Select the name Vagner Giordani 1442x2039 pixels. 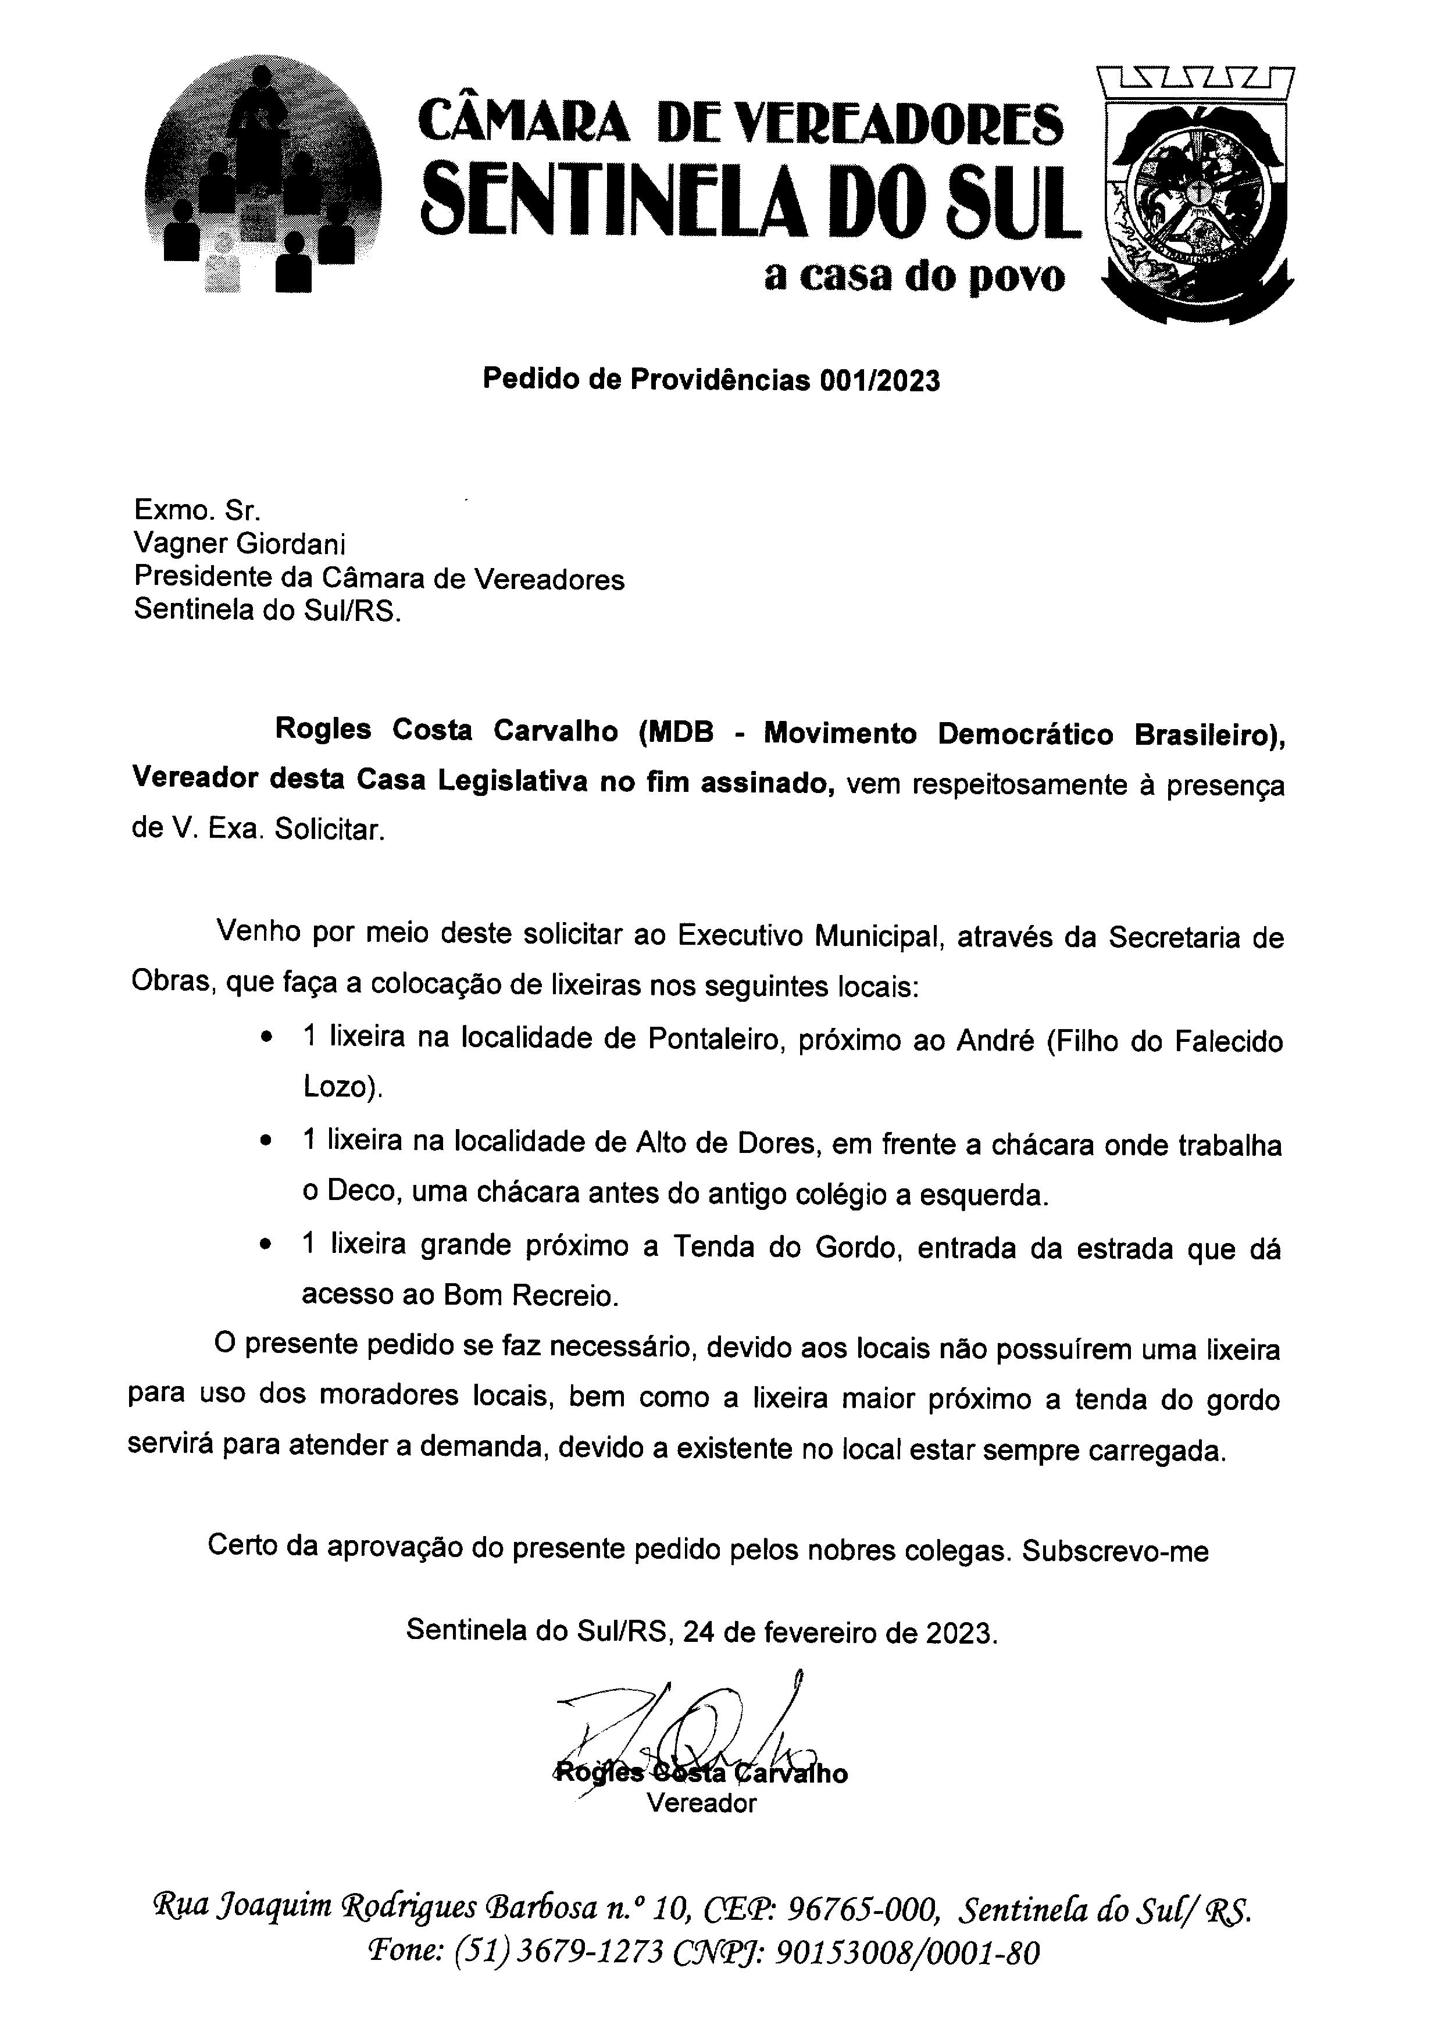point(240,544)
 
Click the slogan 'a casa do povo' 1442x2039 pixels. point(913,277)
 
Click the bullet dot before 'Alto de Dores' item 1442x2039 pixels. point(265,1141)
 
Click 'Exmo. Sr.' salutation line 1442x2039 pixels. point(197,510)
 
